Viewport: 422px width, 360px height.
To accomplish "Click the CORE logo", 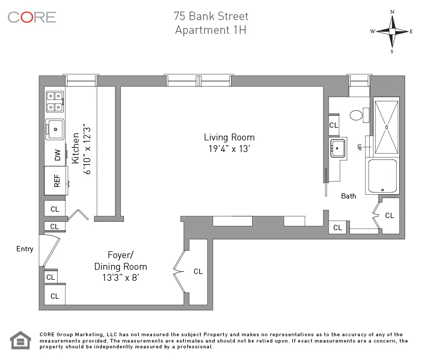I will pos(32,17).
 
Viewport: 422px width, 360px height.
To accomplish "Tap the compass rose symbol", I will pos(392,31).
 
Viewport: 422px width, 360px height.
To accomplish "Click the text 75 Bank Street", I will pos(211,16).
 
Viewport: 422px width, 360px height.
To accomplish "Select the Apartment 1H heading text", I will pos(211,30).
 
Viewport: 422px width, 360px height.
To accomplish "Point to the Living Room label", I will pos(229,137).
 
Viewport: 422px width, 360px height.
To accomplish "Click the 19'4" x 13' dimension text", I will pos(229,149).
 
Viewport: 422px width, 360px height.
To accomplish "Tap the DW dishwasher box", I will pos(55,155).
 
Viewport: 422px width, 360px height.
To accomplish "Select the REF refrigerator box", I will pos(55,181).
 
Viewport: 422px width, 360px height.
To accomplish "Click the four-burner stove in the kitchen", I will pos(55,101).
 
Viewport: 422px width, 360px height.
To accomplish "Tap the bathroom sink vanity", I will pos(338,148).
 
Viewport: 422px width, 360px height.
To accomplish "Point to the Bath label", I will pos(348,196).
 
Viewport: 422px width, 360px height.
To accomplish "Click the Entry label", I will pos(25,249).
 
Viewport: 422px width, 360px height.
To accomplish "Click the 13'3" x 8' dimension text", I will pos(120,277).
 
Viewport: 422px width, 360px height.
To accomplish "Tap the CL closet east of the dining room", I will pos(198,271).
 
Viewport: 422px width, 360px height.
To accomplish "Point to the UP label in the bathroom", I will pos(359,147).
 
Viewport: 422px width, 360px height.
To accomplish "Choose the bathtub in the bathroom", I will pos(382,176).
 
